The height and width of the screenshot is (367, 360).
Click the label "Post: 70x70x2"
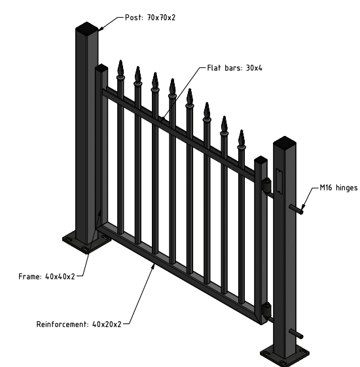point(150,18)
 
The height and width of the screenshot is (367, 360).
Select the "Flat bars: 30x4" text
point(235,68)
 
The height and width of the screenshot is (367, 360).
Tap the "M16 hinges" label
point(338,188)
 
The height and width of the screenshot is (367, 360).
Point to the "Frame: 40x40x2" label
point(46,277)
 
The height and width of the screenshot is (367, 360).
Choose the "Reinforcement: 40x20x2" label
point(79,324)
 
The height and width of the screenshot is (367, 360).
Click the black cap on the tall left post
point(86,27)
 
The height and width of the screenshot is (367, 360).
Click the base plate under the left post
point(86,241)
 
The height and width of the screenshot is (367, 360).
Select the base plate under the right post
point(284,355)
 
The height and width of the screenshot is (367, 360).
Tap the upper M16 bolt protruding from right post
point(297,209)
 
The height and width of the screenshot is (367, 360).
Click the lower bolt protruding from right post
point(297,334)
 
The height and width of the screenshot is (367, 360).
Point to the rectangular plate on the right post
point(279,181)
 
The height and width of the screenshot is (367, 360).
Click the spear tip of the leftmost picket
point(120,67)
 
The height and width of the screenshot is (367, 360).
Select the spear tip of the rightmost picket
point(242,137)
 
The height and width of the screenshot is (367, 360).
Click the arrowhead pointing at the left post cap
point(101,28)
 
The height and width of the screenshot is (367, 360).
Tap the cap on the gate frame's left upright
point(101,68)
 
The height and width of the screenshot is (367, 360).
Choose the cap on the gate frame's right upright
point(261,160)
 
